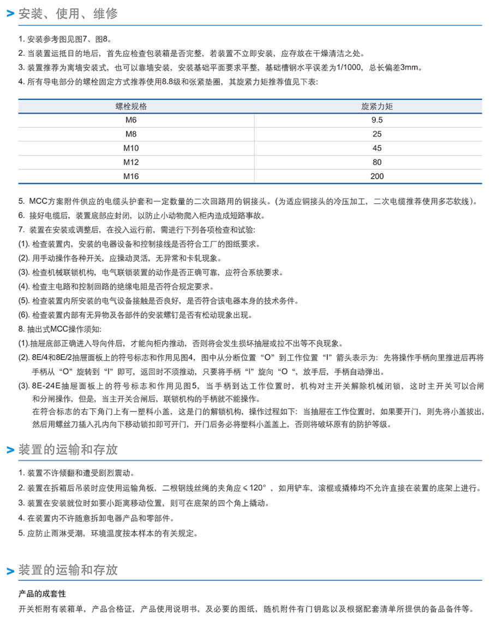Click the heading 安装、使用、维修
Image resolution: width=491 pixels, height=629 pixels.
[68, 14]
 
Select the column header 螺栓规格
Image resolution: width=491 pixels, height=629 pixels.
[131, 106]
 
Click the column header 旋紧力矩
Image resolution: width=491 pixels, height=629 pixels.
[376, 106]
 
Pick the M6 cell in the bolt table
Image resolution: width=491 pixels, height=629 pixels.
[131, 120]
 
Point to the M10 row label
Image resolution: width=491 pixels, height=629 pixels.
[131, 148]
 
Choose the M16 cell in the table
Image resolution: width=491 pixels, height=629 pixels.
[131, 176]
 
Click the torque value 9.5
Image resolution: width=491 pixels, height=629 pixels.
[376, 120]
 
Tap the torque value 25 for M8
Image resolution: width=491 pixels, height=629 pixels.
[376, 134]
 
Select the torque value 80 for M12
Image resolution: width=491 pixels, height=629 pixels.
[376, 162]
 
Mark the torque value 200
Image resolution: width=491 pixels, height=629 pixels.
[376, 176]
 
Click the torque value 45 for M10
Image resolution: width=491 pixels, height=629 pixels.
[376, 148]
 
